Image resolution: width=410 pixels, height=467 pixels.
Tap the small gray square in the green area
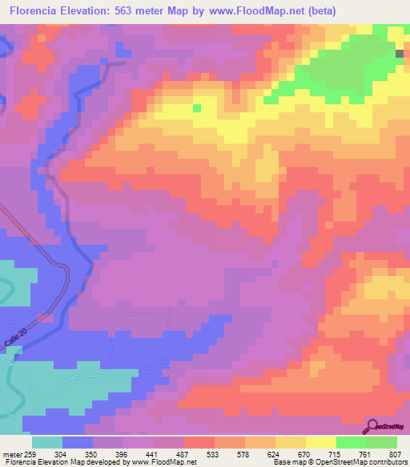pyautogui.click(x=400, y=53)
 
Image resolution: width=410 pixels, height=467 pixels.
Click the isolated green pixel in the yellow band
pyautogui.click(x=197, y=107)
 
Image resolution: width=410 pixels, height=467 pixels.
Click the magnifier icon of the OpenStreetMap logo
pyautogui.click(x=372, y=426)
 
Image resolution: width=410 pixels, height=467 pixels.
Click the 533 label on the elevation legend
pyautogui.click(x=213, y=454)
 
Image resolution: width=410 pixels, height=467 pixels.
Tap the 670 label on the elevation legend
pyautogui.click(x=304, y=454)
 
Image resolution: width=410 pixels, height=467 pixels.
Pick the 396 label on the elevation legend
pyautogui.click(x=122, y=454)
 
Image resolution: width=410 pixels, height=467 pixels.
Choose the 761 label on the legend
pyautogui.click(x=365, y=454)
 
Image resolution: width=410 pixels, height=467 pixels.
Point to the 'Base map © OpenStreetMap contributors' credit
pyautogui.click(x=339, y=462)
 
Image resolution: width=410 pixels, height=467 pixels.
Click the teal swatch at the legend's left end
pyautogui.click(x=46, y=442)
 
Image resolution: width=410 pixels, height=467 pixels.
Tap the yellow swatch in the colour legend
pyautogui.click(x=321, y=442)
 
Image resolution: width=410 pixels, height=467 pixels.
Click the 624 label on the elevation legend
pyautogui.click(x=274, y=454)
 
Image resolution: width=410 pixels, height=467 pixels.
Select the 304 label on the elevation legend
pyautogui.click(x=60, y=454)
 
